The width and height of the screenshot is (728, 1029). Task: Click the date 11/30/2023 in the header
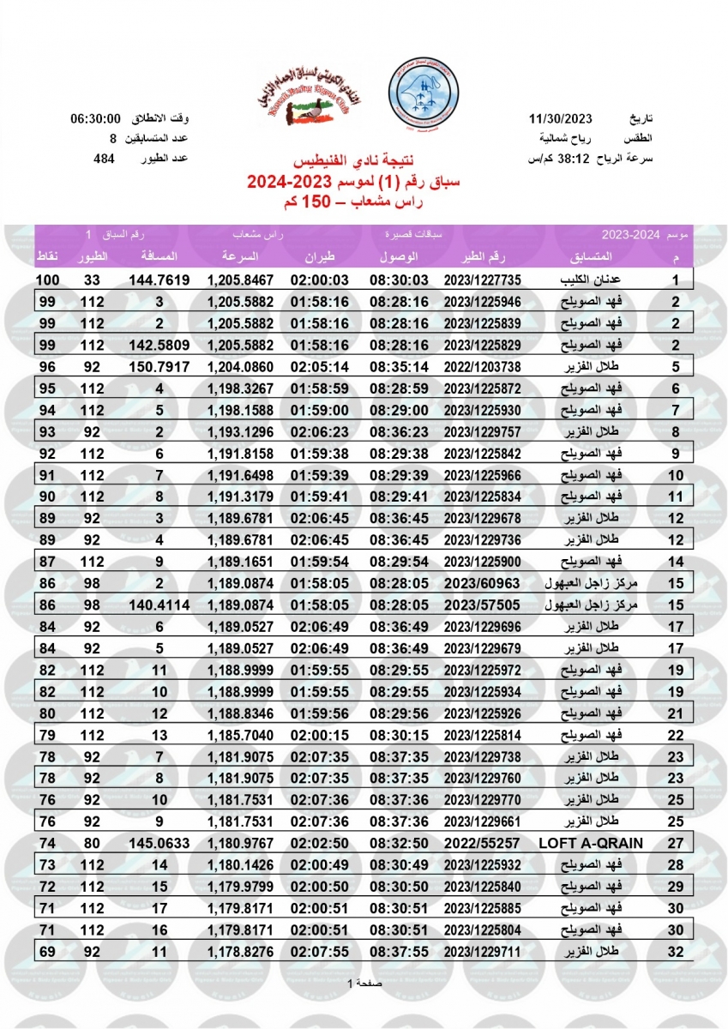(x=567, y=118)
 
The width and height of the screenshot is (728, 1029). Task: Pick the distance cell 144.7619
(x=159, y=280)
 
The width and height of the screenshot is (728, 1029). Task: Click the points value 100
(x=46, y=280)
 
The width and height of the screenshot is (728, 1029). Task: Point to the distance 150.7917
(x=159, y=366)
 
